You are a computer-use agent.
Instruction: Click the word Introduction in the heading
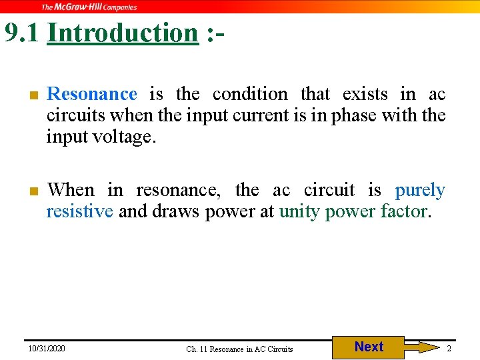(x=123, y=32)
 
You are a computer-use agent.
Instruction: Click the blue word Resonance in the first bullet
(x=92, y=94)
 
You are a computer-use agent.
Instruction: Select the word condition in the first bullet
(x=250, y=94)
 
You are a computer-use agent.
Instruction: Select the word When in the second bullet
(x=71, y=190)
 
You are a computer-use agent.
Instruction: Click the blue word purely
(x=420, y=191)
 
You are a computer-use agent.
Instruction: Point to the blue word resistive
(x=79, y=212)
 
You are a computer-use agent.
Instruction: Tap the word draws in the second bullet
(x=176, y=212)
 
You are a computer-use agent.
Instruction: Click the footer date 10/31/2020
(x=47, y=349)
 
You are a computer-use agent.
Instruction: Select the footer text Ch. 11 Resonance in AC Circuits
(x=239, y=349)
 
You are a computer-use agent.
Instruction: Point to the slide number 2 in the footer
(x=449, y=349)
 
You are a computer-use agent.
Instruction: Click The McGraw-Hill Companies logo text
(x=89, y=7)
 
